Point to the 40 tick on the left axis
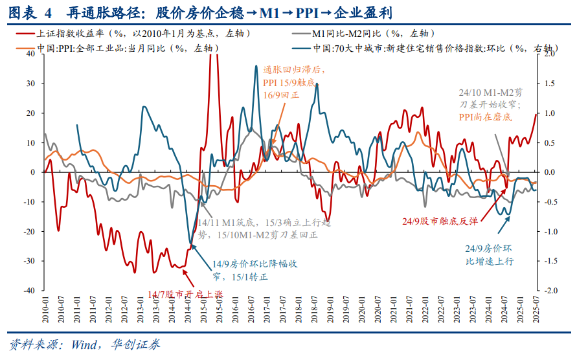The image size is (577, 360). coord(30,54)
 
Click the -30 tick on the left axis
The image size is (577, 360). coord(29,261)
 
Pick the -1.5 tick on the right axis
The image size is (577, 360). coord(549,261)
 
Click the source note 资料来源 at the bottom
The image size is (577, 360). coord(85,344)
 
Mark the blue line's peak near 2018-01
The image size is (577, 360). coord(317,84)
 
